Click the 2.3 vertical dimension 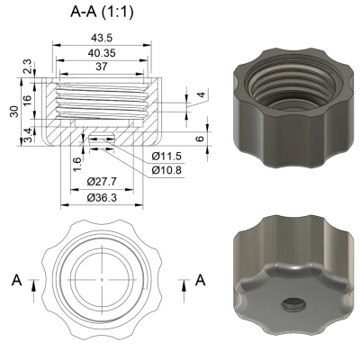(x=27, y=68)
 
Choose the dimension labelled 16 (x=27, y=102)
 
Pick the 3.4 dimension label (x=27, y=134)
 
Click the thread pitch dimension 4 (x=202, y=95)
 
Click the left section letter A (x=16, y=281)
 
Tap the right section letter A (x=200, y=281)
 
